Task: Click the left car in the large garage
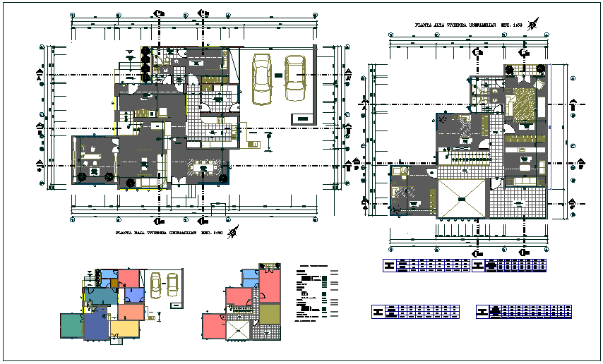[261, 78]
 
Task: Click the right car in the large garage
[294, 77]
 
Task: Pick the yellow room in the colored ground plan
[127, 328]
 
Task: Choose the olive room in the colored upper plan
[270, 313]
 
